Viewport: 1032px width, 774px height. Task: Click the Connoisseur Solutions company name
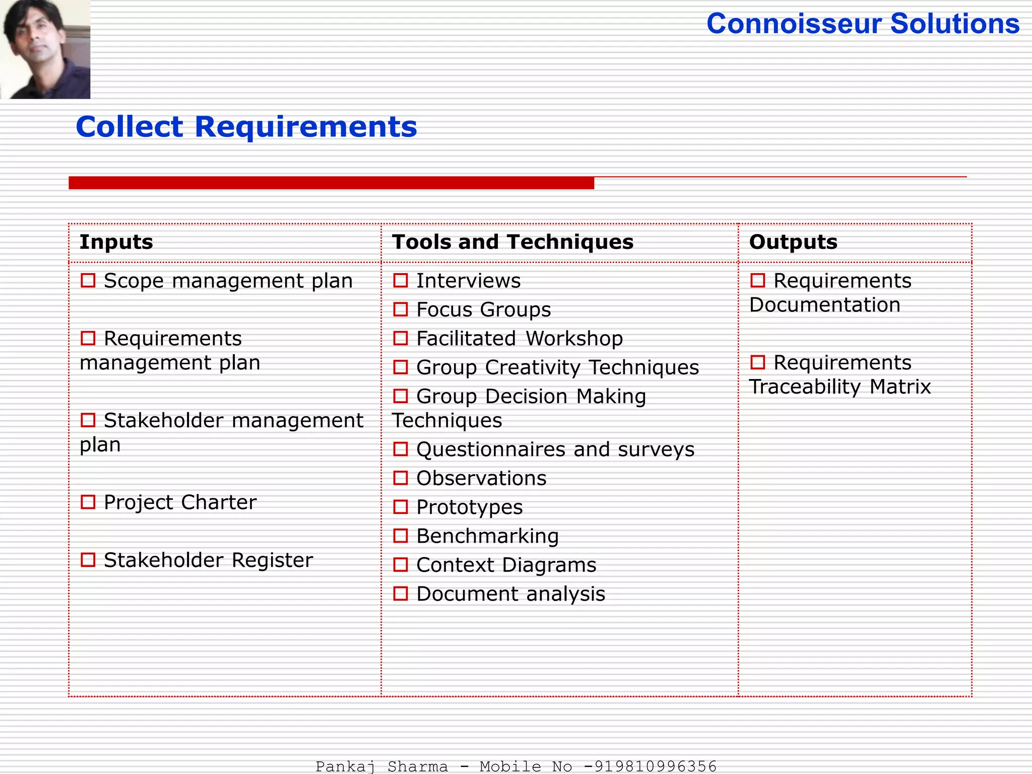(863, 24)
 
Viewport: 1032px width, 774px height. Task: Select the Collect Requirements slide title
(246, 126)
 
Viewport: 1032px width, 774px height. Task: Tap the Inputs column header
(116, 242)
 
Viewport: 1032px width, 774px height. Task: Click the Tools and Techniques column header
(512, 242)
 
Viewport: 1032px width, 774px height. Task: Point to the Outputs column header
(793, 242)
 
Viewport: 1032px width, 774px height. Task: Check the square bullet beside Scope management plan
(88, 281)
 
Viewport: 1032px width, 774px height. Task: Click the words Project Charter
(180, 502)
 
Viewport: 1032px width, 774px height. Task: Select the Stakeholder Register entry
(208, 560)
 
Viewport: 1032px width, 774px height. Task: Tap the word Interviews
(468, 281)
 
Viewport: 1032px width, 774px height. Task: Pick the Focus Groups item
(483, 309)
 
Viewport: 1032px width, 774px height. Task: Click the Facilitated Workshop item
(519, 339)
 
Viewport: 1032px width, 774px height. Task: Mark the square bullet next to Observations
(401, 478)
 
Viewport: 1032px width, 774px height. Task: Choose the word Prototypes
(469, 507)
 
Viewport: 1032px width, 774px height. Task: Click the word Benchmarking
(487, 536)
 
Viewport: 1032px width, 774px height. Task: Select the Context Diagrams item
(506, 565)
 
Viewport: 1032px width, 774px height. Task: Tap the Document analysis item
(510, 594)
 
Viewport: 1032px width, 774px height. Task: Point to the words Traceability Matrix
(840, 387)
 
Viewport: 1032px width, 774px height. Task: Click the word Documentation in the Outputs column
(825, 305)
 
